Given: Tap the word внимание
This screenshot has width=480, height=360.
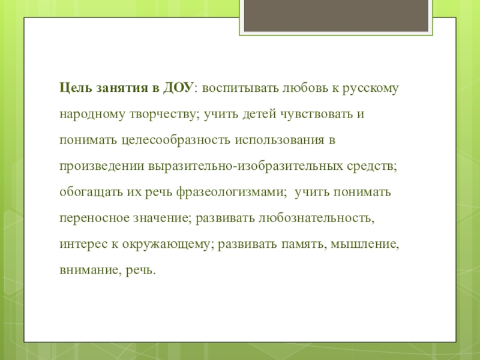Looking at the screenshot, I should pos(89,271).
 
